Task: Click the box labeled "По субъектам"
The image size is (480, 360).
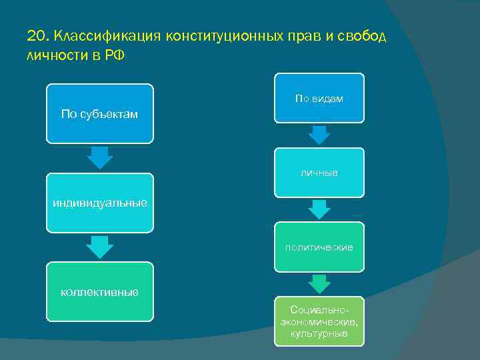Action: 99,113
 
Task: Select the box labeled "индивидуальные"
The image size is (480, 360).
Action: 99,203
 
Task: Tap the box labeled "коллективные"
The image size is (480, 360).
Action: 99,292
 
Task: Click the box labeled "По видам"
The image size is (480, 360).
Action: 319,98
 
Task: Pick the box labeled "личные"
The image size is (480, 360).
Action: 319,173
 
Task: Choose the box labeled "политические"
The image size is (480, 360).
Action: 319,247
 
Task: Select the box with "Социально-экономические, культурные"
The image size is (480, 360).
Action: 319,321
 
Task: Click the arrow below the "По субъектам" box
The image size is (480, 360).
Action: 100,157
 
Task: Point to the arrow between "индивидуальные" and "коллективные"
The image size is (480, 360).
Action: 100,247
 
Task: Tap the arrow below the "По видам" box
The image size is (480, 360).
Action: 320,135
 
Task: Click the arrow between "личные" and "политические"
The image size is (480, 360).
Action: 320,210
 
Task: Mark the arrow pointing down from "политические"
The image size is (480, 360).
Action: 320,284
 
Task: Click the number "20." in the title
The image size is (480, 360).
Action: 38,35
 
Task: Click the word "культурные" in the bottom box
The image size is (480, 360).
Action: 319,333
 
